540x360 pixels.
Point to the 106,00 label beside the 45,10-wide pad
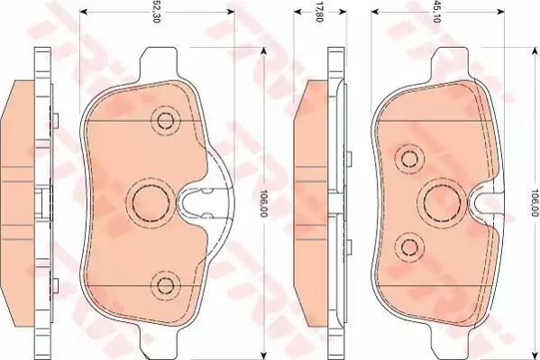point(535,203)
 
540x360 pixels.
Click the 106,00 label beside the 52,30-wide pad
point(264,203)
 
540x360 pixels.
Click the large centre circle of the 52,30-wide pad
point(151,203)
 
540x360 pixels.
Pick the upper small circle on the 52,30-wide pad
point(165,120)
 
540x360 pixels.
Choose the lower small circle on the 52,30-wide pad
point(165,285)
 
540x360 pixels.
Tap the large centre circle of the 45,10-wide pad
point(443,203)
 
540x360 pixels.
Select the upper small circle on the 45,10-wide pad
point(409,159)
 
